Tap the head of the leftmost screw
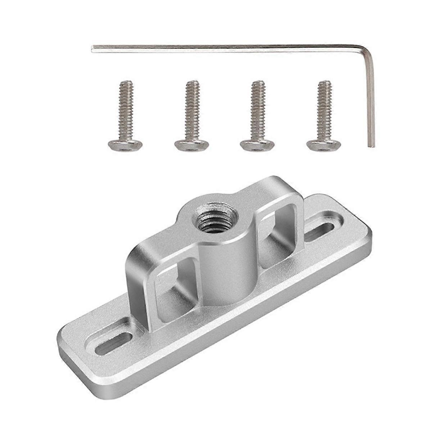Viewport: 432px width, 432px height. tap(125, 145)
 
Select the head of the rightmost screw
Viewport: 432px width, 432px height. tap(323, 145)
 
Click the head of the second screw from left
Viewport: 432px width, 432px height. tap(192, 145)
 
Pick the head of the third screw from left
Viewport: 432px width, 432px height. tap(257, 145)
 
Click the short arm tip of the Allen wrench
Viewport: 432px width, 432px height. tap(371, 145)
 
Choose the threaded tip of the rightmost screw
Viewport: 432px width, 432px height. tap(325, 84)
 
